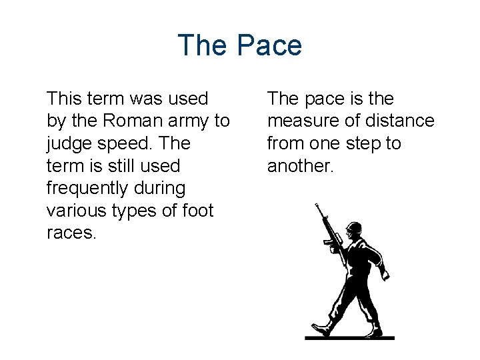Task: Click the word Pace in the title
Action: (269, 45)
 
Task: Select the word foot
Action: (196, 211)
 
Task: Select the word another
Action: (299, 166)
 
